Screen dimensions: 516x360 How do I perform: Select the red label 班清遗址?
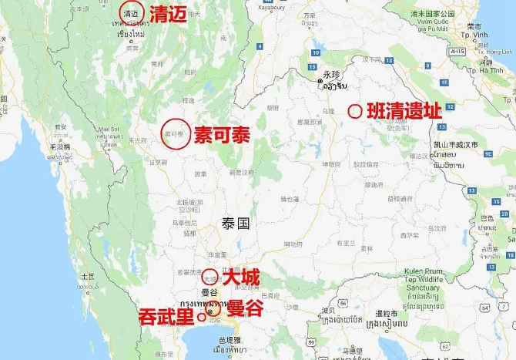(x=405, y=111)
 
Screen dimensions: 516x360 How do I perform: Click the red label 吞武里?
(x=166, y=316)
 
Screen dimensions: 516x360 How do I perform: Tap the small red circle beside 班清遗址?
(x=355, y=111)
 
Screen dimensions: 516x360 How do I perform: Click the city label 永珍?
(x=331, y=74)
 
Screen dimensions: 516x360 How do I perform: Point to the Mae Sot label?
(x=109, y=130)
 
